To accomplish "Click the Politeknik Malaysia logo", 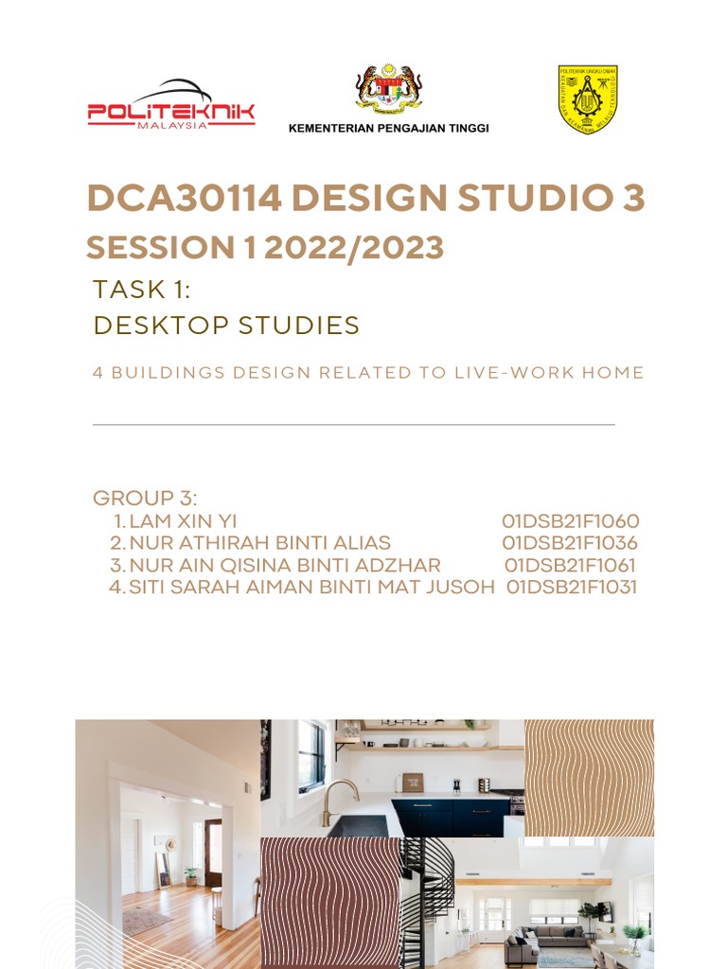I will [171, 105].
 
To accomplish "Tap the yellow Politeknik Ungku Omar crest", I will [587, 98].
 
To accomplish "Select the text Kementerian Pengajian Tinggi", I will [388, 129].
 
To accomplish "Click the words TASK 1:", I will [142, 290].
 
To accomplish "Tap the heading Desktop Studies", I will [226, 326].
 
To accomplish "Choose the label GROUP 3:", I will [145, 499].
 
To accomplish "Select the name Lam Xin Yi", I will [183, 521].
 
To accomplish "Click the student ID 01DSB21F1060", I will [571, 521].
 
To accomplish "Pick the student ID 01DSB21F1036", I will [570, 543].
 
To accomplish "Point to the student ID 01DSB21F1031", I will [572, 587].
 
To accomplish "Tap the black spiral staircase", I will [425, 899].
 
